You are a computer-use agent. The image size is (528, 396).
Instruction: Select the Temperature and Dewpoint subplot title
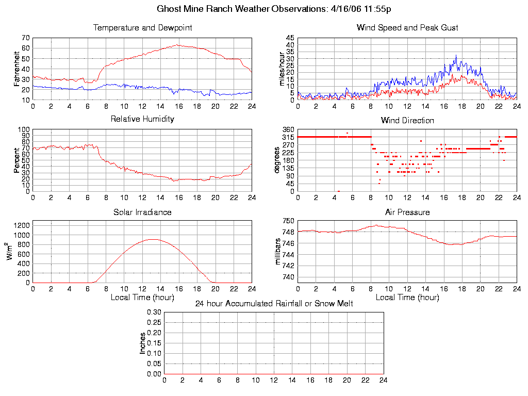click(142, 28)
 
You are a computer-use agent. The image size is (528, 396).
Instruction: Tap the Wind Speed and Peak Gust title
click(407, 28)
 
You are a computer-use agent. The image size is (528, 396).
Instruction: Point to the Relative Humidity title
click(142, 119)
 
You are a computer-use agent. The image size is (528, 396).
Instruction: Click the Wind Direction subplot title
click(407, 121)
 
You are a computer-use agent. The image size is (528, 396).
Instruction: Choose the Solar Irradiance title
click(142, 212)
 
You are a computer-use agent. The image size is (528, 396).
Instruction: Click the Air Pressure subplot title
click(407, 212)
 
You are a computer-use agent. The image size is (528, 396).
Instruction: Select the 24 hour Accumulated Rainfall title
click(274, 304)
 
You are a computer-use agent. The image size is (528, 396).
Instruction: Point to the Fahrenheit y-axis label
click(17, 69)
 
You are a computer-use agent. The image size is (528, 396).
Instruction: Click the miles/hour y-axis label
click(282, 69)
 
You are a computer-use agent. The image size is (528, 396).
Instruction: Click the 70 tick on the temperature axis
click(25, 38)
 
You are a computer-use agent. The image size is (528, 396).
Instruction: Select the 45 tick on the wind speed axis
click(290, 38)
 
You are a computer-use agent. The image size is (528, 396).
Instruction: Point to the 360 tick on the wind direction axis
click(288, 129)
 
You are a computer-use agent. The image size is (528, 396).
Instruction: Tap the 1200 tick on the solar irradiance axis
click(22, 225)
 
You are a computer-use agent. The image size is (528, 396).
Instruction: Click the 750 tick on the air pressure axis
click(288, 221)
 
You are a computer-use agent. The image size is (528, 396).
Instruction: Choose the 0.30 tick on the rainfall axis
click(154, 312)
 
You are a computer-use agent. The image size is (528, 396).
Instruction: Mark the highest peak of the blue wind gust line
click(456, 55)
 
